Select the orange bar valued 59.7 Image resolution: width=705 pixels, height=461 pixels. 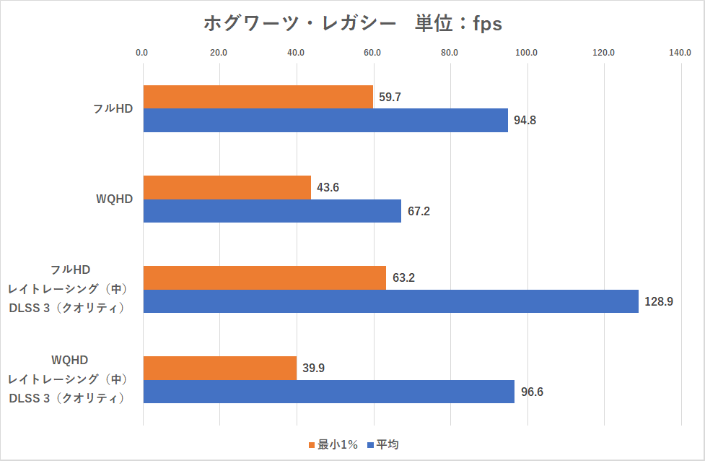tap(258, 97)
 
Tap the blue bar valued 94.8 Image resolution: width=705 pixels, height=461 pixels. tap(325, 120)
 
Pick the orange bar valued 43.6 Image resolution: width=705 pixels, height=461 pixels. tap(227, 187)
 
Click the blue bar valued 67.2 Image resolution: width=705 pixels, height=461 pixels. tap(272, 211)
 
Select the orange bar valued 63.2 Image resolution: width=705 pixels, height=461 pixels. tap(265, 277)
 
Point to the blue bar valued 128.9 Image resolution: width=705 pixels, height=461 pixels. tap(391, 301)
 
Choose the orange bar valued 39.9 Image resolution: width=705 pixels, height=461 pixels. tap(220, 368)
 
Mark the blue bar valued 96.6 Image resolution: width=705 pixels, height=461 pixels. tap(329, 392)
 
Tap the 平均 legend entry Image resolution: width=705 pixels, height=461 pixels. tap(383, 444)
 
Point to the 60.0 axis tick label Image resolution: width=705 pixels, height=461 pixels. tap(373, 52)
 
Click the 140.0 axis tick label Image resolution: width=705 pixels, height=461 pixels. tap(680, 52)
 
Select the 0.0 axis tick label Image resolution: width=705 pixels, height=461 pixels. tap(142, 52)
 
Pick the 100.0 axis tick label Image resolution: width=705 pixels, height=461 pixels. tap(526, 52)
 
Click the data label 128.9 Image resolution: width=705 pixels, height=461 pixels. tap(658, 301)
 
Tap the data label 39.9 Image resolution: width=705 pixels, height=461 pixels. tap(313, 368)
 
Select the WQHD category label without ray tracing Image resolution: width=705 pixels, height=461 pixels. tap(115, 199)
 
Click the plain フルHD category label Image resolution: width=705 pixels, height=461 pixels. tap(113, 108)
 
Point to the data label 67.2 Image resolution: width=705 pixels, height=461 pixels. tap(419, 211)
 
